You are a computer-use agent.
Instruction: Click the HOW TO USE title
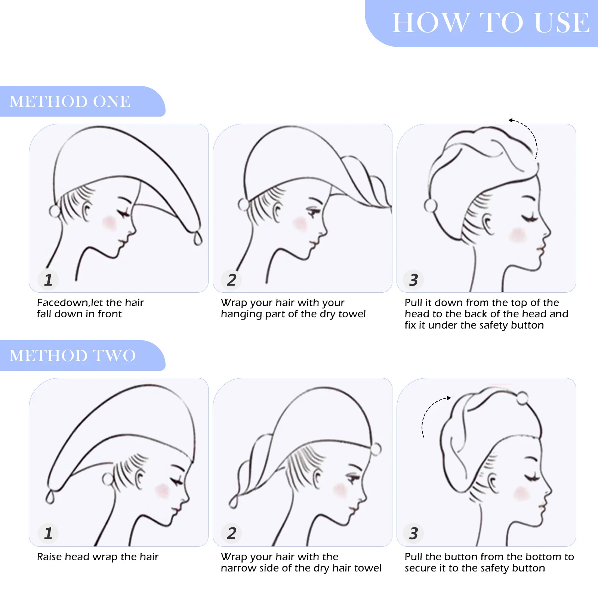tap(491, 23)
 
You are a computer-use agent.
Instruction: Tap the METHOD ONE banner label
tap(70, 101)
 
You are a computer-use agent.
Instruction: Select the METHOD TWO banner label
tap(73, 355)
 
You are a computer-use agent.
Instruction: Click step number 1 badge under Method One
tap(48, 280)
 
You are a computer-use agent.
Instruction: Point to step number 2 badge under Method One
tap(232, 280)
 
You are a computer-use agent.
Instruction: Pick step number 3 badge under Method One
tap(413, 280)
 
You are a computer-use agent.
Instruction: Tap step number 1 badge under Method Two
tap(48, 533)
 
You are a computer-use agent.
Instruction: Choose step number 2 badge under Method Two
tap(232, 533)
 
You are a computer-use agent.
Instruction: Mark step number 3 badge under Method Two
tap(413, 533)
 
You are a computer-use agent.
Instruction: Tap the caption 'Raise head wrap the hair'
tap(98, 557)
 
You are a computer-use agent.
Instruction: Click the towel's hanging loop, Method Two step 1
tap(50, 497)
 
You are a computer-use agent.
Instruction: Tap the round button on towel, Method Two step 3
tap(522, 398)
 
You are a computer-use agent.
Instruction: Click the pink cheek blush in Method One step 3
tap(518, 235)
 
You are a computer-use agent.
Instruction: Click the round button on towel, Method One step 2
tap(243, 205)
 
